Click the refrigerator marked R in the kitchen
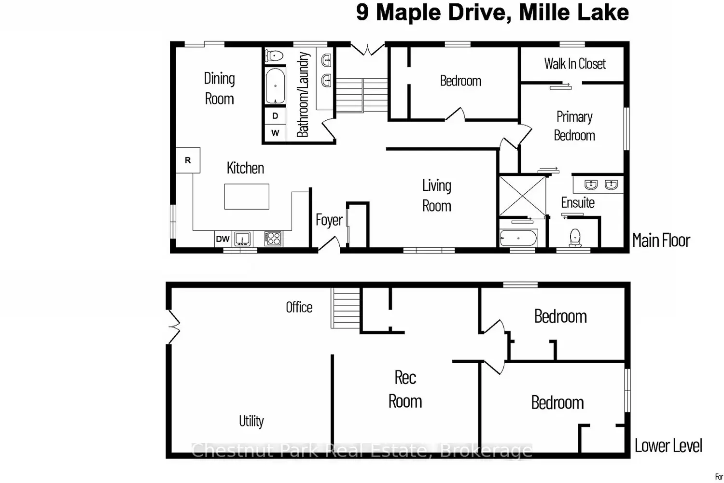188,160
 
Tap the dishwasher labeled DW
223,239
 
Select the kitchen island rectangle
247,197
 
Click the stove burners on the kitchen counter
273,239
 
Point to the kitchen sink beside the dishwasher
242,239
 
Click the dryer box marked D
275,116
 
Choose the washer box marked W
275,133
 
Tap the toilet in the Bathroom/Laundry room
274,56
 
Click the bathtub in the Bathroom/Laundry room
275,86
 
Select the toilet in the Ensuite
575,237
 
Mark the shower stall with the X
522,196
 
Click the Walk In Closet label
575,64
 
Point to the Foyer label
329,220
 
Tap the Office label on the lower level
299,307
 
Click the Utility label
251,421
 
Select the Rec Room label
405,389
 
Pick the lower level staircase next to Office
346,308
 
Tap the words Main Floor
661,241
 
